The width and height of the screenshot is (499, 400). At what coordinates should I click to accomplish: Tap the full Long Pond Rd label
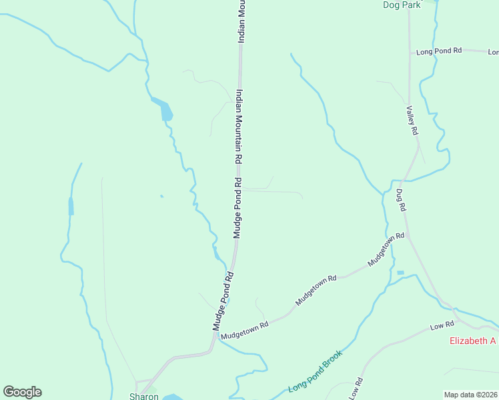click(439, 51)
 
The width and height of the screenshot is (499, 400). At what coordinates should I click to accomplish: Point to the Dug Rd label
click(401, 199)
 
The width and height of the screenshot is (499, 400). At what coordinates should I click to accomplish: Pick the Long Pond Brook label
click(316, 371)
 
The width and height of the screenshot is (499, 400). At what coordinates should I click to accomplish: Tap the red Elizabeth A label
click(473, 341)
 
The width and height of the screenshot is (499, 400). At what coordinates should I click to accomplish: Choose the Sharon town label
click(144, 396)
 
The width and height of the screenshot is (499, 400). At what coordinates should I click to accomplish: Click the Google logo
click(22, 392)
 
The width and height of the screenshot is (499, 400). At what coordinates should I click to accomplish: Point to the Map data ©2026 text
click(470, 395)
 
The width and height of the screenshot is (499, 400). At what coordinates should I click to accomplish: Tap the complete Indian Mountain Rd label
click(238, 128)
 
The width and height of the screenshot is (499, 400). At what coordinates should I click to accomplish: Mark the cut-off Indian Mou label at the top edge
click(242, 21)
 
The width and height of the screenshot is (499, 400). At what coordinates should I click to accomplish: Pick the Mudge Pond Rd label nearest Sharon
click(223, 301)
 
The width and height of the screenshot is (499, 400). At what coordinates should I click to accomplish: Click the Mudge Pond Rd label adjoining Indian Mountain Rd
click(237, 208)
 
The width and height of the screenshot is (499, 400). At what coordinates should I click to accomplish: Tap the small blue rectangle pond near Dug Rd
click(400, 273)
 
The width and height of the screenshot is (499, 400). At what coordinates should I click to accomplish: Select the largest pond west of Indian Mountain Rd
click(165, 110)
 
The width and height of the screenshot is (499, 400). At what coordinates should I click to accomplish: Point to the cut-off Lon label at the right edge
click(493, 51)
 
